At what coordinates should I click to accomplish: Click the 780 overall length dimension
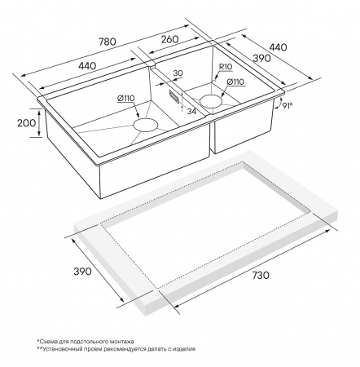pos(107,42)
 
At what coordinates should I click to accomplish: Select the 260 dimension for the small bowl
pos(170,39)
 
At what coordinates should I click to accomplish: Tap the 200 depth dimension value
pos(26,123)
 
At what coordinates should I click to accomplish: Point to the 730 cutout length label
pos(261,275)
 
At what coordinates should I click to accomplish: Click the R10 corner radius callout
pos(226,66)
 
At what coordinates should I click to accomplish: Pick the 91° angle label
pos(287,105)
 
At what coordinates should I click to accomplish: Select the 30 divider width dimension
pos(178,73)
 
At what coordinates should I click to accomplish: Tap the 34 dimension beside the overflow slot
pos(191,111)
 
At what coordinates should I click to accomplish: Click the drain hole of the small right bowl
pos(211,101)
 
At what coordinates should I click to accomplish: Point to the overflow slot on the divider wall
pos(174,97)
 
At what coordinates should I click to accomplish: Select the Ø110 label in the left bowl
pos(125,99)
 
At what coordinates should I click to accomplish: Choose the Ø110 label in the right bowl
pos(235,82)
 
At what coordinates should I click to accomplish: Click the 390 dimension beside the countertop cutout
pos(82,271)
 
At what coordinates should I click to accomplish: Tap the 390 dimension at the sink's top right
pos(261,58)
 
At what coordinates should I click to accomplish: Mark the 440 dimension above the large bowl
pos(87,66)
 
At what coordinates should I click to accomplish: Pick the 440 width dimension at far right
pos(278,47)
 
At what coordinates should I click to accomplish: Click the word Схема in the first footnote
pos(47,342)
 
